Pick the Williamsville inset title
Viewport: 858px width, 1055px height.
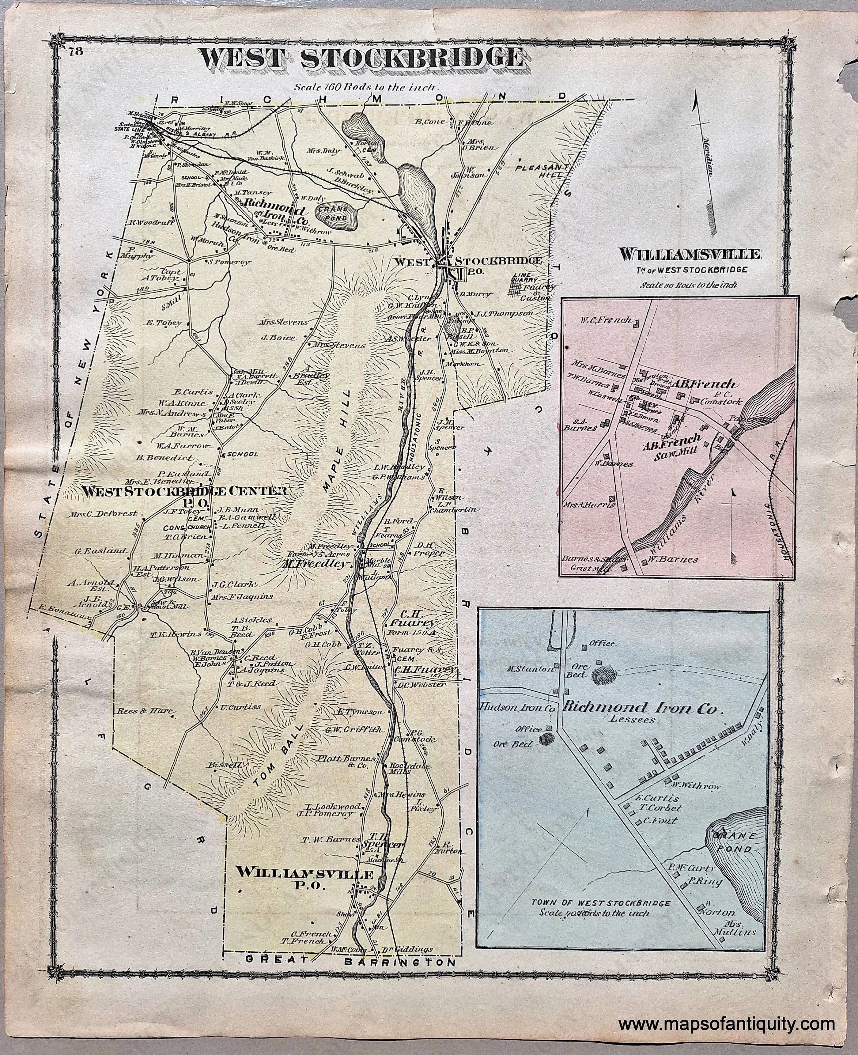[690, 255]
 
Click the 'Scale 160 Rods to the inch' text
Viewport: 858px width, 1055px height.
[365, 87]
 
